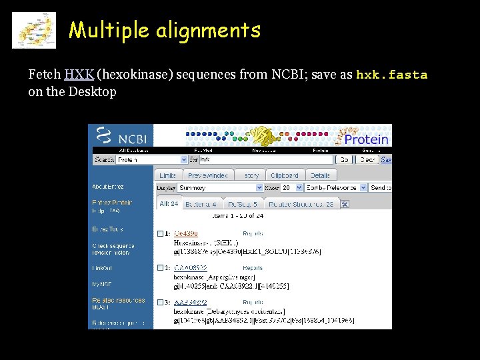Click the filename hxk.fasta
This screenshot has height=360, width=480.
click(x=391, y=75)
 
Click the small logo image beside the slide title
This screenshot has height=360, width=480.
click(x=34, y=30)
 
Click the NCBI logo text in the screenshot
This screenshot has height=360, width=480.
click(x=132, y=139)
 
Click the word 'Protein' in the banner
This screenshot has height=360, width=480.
click(x=365, y=139)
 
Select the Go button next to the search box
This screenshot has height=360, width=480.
click(x=343, y=160)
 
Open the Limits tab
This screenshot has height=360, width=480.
click(x=167, y=175)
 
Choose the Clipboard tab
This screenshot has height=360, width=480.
click(x=284, y=175)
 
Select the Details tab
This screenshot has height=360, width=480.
click(x=320, y=175)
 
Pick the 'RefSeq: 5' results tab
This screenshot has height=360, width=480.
click(x=241, y=204)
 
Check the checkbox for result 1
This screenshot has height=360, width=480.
click(x=160, y=234)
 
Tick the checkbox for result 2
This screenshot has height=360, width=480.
click(x=160, y=268)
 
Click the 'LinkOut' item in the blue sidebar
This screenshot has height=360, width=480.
click(x=103, y=268)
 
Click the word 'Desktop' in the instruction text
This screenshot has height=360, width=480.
click(x=93, y=91)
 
